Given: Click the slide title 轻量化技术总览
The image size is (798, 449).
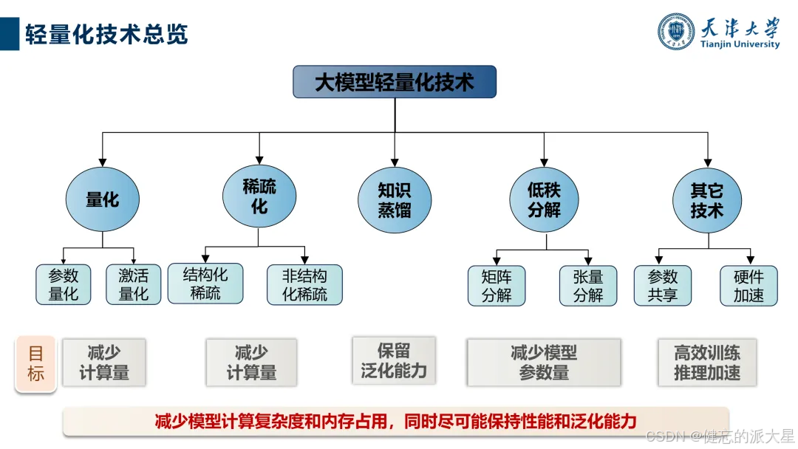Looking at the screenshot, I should [107, 34].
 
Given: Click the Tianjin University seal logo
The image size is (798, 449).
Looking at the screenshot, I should [677, 32].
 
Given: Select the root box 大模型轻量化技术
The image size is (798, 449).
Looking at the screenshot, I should [395, 82].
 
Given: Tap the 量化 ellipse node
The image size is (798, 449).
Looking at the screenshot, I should [103, 199].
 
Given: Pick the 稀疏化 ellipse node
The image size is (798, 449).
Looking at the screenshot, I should [259, 196].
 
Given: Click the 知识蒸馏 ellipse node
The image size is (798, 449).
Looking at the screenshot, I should [395, 200].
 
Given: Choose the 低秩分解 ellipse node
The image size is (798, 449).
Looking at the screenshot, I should [545, 200].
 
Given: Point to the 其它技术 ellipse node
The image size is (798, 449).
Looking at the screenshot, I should [707, 200].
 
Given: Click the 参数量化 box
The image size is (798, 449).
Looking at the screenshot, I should [64, 285].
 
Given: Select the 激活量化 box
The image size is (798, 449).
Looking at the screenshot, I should [134, 285].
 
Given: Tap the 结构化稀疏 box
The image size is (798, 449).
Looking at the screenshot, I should [205, 284].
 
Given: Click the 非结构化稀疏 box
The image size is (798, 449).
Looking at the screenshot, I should [304, 285].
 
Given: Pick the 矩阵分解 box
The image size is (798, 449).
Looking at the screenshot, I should [497, 286].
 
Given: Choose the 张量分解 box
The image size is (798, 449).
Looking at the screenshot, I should [588, 286].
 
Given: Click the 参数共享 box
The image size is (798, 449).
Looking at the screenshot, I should [663, 286].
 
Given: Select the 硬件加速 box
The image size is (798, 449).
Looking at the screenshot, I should [748, 286].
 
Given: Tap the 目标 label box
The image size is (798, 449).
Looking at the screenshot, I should [36, 364].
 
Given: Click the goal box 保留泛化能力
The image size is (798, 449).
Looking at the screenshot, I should [394, 360].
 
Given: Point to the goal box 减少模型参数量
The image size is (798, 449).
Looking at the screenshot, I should [544, 363].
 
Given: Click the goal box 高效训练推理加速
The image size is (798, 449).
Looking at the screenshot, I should [707, 363].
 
